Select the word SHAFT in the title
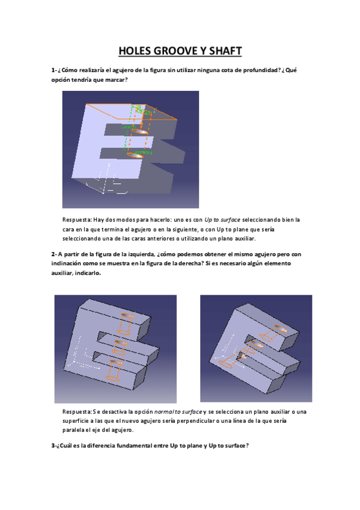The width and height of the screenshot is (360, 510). (225, 51)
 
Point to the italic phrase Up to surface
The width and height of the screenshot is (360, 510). (222, 220)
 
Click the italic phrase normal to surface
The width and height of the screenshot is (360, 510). (178, 412)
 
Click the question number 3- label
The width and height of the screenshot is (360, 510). (54, 446)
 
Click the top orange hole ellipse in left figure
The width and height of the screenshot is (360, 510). (127, 316)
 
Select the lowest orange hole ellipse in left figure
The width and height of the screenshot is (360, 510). (113, 378)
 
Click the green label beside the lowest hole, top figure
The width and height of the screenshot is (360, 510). (143, 153)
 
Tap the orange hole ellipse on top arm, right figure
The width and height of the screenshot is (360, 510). (281, 328)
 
